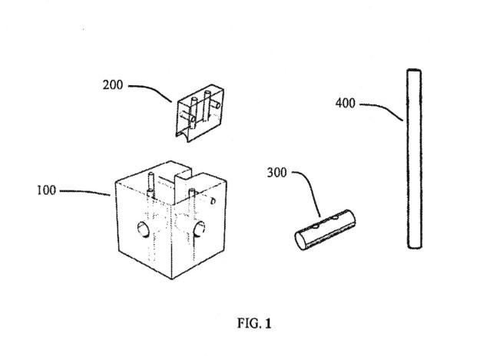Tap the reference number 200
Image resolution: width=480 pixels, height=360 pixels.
[112, 84]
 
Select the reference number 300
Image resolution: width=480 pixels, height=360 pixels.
[276, 173]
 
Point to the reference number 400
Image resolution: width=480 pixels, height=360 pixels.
[346, 103]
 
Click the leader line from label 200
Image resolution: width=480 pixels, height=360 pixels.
[154, 90]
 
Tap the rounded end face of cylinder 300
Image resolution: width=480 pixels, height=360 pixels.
[301, 241]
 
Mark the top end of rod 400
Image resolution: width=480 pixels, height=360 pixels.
[414, 71]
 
